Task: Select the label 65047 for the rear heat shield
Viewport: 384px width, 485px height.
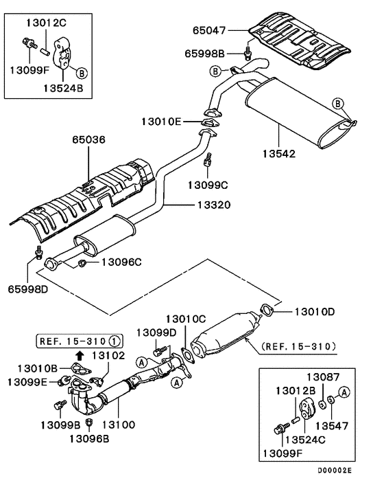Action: (x=208, y=30)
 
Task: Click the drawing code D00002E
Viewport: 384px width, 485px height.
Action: (x=335, y=471)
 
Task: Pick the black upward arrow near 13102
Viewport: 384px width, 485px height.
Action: (x=80, y=355)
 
